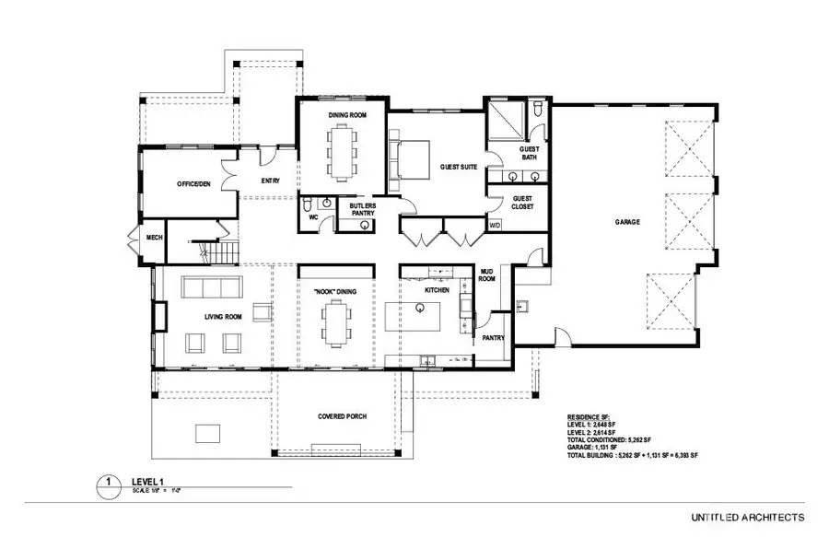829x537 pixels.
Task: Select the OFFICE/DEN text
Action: (x=194, y=184)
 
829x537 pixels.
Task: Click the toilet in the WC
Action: (x=309, y=204)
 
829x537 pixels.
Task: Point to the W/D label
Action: (x=495, y=225)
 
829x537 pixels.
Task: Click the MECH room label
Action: (x=154, y=237)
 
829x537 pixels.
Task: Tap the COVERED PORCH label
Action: (x=342, y=416)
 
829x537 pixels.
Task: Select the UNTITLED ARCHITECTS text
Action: (x=747, y=517)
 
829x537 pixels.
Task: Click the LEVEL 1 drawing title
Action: (x=147, y=480)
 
